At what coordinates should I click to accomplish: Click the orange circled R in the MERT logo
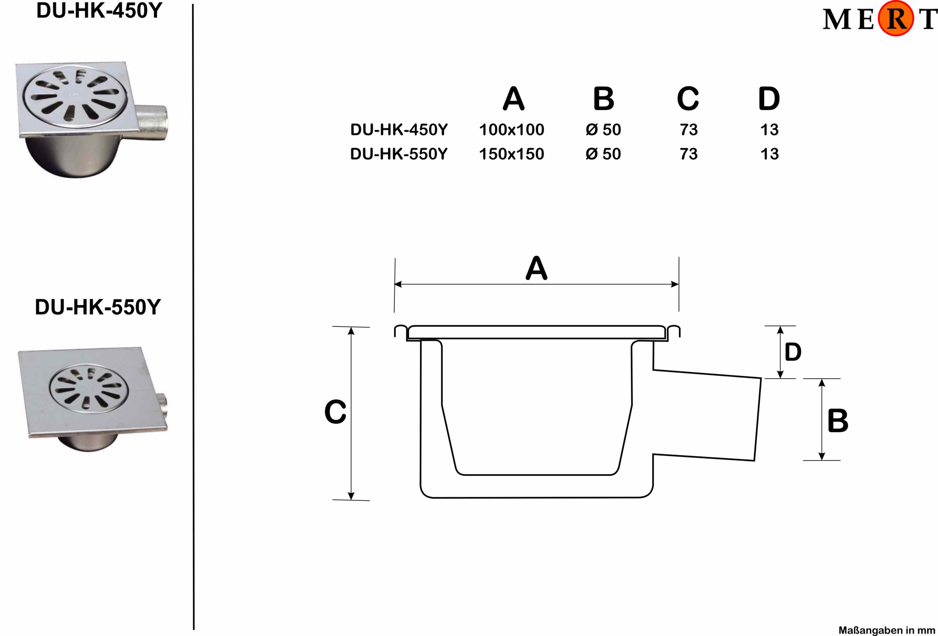(x=896, y=18)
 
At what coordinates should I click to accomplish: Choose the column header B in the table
(x=604, y=99)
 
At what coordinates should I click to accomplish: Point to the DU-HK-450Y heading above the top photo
(x=99, y=11)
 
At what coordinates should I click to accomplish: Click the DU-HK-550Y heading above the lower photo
(x=98, y=307)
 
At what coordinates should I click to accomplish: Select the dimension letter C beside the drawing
(x=335, y=412)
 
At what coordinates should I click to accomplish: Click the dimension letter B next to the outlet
(x=838, y=421)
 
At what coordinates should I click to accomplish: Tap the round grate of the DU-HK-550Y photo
(x=89, y=389)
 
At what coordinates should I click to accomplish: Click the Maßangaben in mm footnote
(x=886, y=630)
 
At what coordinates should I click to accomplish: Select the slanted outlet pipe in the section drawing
(x=706, y=415)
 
